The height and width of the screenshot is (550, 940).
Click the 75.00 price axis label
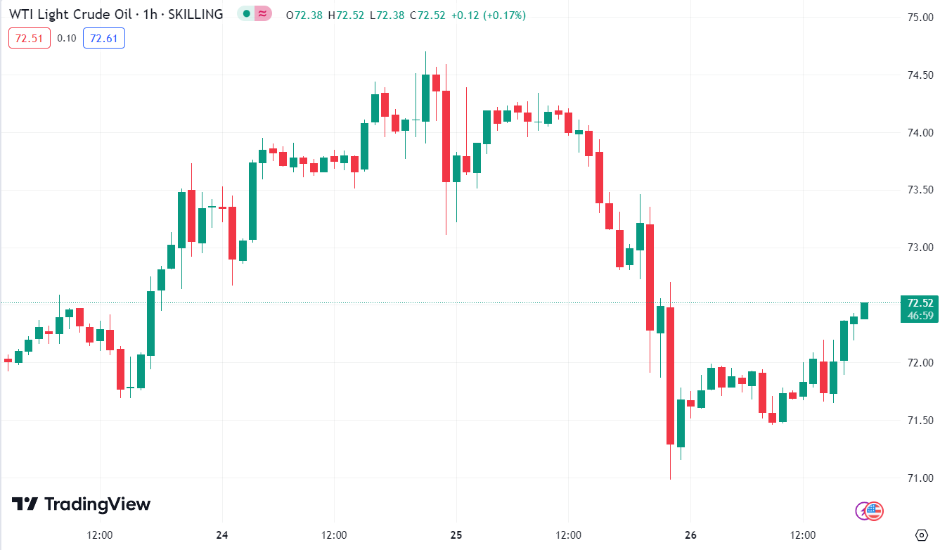point(919,18)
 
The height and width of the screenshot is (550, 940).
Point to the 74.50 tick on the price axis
point(919,75)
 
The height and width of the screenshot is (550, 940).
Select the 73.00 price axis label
point(919,248)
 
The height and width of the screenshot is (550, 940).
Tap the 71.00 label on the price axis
point(919,478)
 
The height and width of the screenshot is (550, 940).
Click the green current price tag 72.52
point(919,303)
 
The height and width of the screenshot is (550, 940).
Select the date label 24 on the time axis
point(222,535)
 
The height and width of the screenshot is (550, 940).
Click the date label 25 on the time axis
point(456,535)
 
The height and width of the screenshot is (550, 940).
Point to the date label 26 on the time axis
point(690,535)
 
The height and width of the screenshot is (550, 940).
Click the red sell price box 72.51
point(30,38)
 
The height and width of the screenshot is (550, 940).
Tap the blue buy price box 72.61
point(103,38)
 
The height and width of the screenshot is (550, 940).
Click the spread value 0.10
point(67,38)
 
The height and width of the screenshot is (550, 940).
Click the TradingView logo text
point(97,504)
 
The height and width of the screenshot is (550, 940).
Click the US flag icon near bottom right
point(874,511)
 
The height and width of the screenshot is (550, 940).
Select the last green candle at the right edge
point(864,310)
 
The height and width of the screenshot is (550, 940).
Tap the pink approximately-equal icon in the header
point(262,13)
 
